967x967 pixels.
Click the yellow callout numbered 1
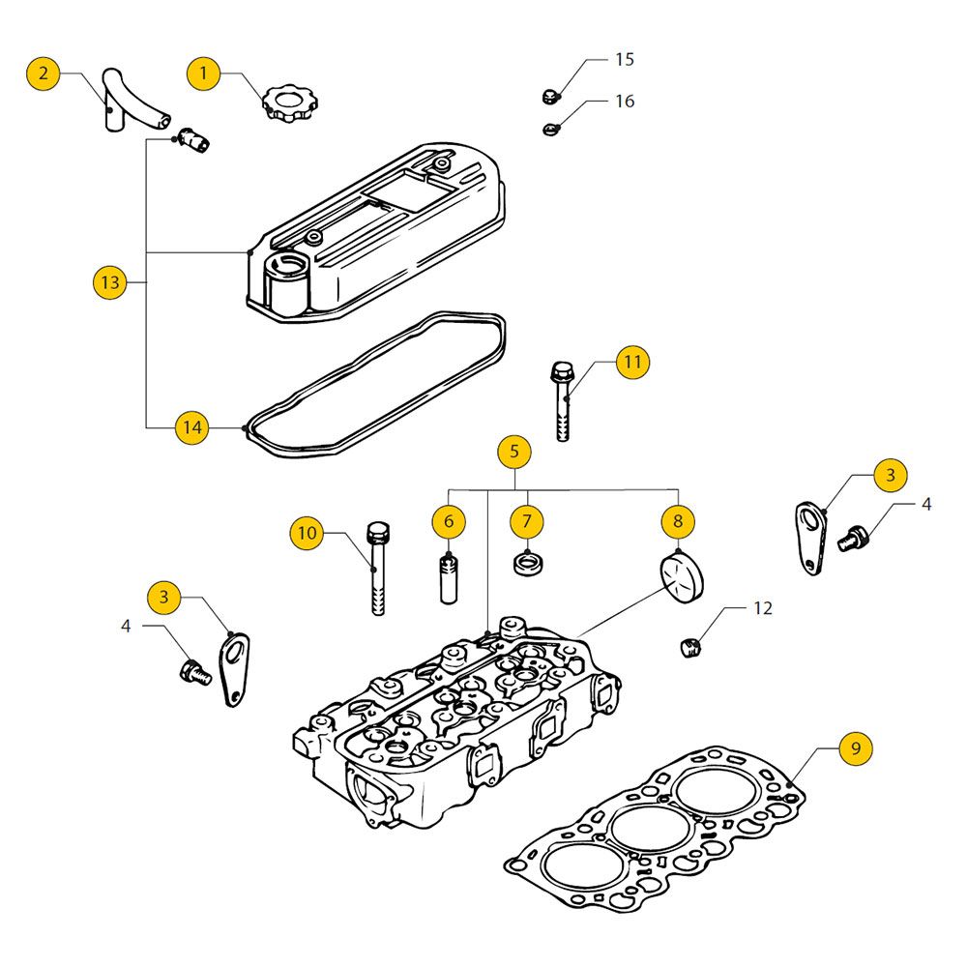[x=203, y=73]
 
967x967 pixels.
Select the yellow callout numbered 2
[x=44, y=73]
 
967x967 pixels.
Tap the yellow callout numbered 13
[x=110, y=282]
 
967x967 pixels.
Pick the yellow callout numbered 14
[x=192, y=426]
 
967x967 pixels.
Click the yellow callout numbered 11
[x=631, y=363]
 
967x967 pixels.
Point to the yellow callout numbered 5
[x=514, y=451]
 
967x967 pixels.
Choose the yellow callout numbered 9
[x=856, y=747]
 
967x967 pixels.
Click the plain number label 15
[x=625, y=60]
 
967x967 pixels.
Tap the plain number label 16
[x=625, y=101]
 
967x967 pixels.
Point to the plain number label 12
[x=763, y=608]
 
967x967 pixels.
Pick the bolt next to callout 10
[x=378, y=571]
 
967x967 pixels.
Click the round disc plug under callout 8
[x=681, y=577]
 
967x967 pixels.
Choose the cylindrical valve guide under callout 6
[x=449, y=577]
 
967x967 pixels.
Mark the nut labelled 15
[x=548, y=96]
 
